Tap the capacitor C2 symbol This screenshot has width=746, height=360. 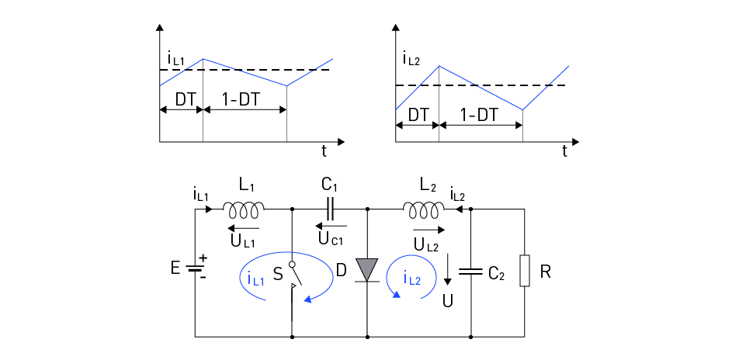coord(471,272)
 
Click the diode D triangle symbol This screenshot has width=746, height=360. coord(366,269)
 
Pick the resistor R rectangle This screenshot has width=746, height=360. coord(525,272)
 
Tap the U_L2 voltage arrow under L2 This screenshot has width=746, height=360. coord(429,230)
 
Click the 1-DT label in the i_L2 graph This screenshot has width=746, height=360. coord(479,114)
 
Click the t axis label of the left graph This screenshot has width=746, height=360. coord(324,151)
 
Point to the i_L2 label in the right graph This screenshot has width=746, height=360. coord(411,57)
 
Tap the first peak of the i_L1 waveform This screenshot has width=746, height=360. coord(203,59)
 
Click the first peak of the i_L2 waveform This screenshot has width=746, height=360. coord(439,65)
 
